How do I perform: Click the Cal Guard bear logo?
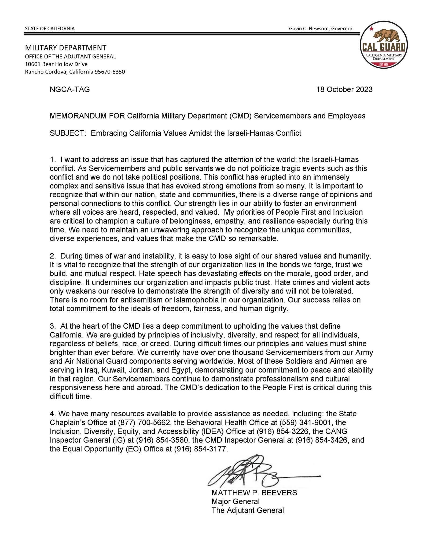(383, 46)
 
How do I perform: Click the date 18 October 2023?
(344, 90)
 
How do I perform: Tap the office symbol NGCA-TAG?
(70, 90)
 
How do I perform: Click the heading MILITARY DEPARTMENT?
(66, 48)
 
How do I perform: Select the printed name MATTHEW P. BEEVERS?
(254, 493)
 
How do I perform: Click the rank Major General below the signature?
(236, 501)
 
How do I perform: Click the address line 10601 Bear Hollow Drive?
(56, 64)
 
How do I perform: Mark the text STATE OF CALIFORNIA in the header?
(50, 28)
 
